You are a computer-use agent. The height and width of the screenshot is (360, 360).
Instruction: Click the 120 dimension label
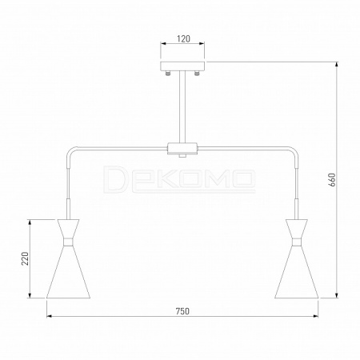pyautogui.click(x=184, y=39)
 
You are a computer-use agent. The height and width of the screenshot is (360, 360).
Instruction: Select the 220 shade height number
pyautogui.click(x=25, y=258)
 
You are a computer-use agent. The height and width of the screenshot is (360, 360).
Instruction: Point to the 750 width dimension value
pyautogui.click(x=182, y=311)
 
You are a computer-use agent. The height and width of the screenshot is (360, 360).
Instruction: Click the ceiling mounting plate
pyautogui.click(x=182, y=66)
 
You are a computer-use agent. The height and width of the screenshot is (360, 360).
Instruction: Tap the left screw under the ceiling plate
pyautogui.click(x=168, y=73)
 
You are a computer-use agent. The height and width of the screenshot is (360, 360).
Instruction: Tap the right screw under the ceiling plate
pyautogui.click(x=197, y=73)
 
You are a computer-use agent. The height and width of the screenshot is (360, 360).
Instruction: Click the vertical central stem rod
pyautogui.click(x=182, y=106)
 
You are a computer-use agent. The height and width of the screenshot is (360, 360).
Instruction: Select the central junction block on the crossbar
pyautogui.click(x=182, y=149)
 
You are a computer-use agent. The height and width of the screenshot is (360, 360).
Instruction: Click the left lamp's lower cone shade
pyautogui.click(x=68, y=274)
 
